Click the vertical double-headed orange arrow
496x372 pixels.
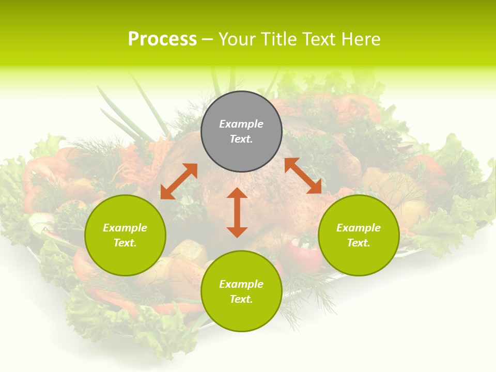[x=237, y=212]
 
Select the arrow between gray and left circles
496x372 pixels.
[x=179, y=181]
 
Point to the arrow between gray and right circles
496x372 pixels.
[x=303, y=176]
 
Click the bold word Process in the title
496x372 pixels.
[x=162, y=39]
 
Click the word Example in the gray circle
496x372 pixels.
[x=241, y=124]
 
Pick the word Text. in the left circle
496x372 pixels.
[x=125, y=243]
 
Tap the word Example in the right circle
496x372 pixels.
[x=359, y=228]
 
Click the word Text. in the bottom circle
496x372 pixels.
[x=241, y=299]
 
